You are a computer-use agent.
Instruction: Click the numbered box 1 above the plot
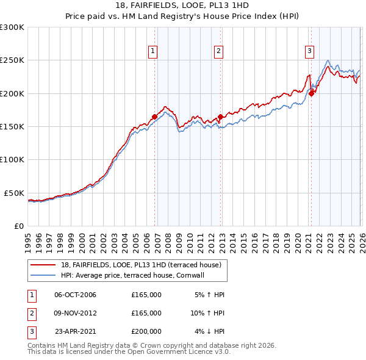click(152, 51)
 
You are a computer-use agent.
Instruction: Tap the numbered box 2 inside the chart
click(218, 51)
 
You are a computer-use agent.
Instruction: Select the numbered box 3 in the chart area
click(309, 51)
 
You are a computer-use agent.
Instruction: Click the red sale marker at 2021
click(311, 93)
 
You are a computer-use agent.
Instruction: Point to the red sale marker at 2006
click(154, 117)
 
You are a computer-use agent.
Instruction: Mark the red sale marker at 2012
click(220, 117)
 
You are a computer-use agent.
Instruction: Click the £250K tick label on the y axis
click(12, 60)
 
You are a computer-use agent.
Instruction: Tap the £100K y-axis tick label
click(12, 159)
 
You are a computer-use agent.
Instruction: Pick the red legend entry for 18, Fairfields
click(144, 264)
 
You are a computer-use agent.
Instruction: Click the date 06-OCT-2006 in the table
click(75, 295)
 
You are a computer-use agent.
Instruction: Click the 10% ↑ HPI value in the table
click(207, 313)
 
